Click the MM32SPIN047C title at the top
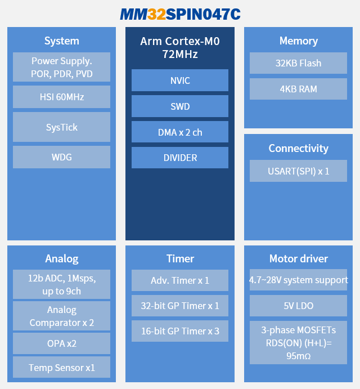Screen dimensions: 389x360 pyautogui.click(x=180, y=14)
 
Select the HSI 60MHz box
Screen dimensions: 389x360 pyautogui.click(x=61, y=97)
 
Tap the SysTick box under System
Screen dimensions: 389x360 pyautogui.click(x=61, y=127)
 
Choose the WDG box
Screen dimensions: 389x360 pyautogui.click(x=61, y=157)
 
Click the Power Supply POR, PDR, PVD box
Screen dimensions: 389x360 pyautogui.click(x=61, y=68)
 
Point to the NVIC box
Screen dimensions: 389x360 pyautogui.click(x=180, y=81)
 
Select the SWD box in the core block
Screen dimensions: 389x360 pyautogui.click(x=180, y=106)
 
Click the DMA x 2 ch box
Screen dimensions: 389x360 pyautogui.click(x=180, y=132)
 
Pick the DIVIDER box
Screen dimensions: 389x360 pyautogui.click(x=180, y=158)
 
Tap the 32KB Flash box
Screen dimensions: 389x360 pyautogui.click(x=298, y=63)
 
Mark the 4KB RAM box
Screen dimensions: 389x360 pyautogui.click(x=298, y=89)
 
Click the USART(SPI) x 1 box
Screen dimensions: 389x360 pyautogui.click(x=298, y=171)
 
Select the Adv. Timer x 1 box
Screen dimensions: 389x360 pyautogui.click(x=180, y=280)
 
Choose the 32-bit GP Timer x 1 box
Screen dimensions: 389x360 pyautogui.click(x=180, y=306)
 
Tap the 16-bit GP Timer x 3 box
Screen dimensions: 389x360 pyautogui.click(x=180, y=331)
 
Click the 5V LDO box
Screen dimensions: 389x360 pyautogui.click(x=298, y=306)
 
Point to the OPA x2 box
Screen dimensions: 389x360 pyautogui.click(x=61, y=343)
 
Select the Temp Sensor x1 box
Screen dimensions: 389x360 pyautogui.click(x=61, y=368)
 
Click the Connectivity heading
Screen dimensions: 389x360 pyautogui.click(x=298, y=149)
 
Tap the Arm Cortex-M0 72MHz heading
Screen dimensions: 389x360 pyautogui.click(x=180, y=48)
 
